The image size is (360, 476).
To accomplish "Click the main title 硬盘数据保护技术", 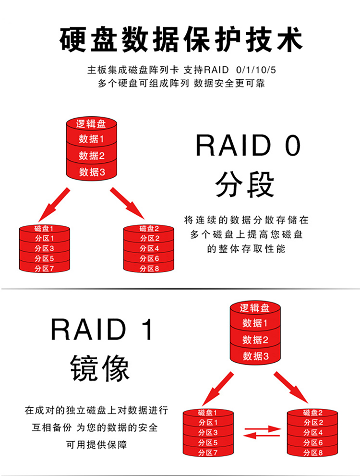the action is coord(181,39).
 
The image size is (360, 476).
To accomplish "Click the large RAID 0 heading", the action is coord(248,145).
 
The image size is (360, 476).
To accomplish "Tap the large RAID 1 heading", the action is coord(102,330).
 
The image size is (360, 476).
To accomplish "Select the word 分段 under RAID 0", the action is coord(245,184).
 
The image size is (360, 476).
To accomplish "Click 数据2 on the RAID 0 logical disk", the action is coord(92,156).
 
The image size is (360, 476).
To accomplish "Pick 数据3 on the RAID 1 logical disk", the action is coord(256,356).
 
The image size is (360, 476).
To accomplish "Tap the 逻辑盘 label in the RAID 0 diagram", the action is coord(91,124).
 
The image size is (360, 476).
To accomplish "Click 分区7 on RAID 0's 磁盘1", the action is coord(44,269).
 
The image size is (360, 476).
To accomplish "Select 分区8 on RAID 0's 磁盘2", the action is coord(149,269).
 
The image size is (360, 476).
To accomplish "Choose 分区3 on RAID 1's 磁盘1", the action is coord(208,432).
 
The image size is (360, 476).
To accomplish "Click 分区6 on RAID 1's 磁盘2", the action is coord(313,442).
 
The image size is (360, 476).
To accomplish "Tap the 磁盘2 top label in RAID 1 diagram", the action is coord(312,413).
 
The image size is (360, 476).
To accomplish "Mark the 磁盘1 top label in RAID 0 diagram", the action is coord(44,228).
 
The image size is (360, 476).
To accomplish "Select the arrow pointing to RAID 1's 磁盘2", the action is coord(291,387).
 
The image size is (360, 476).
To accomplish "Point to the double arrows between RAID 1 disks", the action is coord(262,432).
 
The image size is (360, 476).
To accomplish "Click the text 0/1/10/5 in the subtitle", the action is coord(256,70).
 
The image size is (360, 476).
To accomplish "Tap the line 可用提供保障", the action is coord(96,445).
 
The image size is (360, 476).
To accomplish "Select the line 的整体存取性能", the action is coord(246,249).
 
